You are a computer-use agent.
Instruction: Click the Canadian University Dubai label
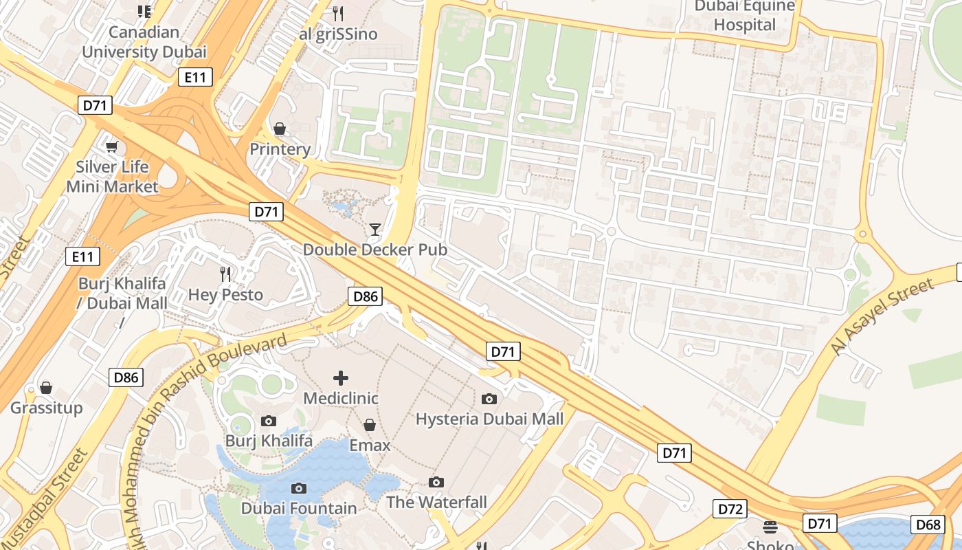point(144,42)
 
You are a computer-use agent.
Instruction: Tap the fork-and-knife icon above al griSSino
point(337,13)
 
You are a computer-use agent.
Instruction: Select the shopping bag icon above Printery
point(280,129)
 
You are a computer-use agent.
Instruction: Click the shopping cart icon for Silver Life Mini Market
point(111,146)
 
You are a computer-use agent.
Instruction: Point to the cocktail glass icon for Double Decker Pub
point(375,230)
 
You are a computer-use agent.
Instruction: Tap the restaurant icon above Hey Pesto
point(225,274)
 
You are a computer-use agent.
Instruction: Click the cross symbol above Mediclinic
point(341,377)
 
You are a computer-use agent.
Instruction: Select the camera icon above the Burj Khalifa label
point(269,421)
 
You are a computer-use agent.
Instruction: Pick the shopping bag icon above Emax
point(370,425)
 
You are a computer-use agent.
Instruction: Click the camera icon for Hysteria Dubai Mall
point(489,399)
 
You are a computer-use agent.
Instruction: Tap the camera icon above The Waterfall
point(436,482)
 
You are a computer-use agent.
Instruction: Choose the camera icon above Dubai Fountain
point(299,488)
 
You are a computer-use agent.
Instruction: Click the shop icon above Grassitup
point(46,388)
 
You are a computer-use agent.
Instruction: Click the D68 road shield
point(928,525)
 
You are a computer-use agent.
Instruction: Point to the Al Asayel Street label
point(882,317)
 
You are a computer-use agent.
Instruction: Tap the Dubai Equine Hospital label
point(744,16)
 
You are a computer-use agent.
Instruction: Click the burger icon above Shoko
point(770,527)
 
